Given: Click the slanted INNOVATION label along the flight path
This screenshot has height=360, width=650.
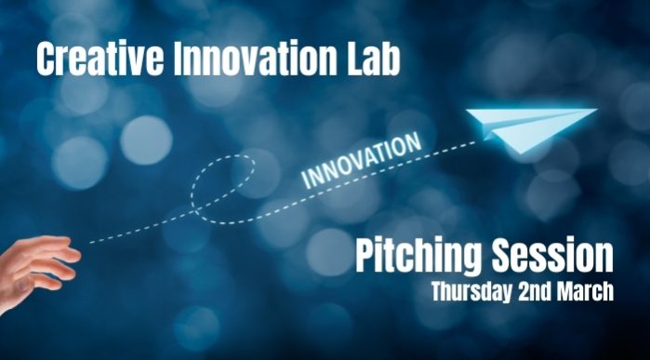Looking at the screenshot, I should (x=363, y=163).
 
